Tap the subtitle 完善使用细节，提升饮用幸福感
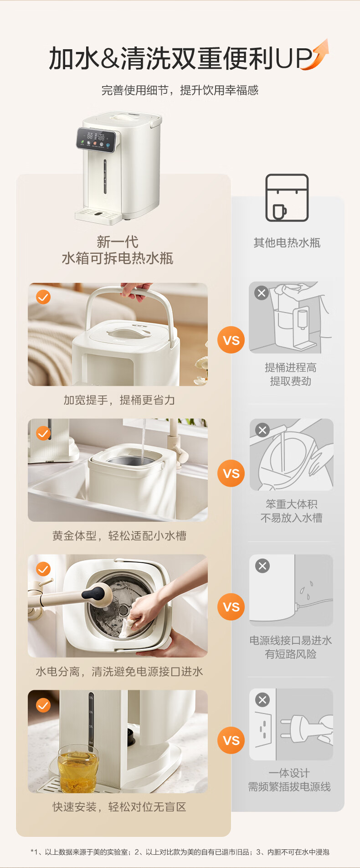180,90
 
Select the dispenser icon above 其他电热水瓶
287,198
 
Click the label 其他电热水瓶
287,243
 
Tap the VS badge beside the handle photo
231,340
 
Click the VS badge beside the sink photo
231,473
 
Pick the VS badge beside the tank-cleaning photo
231,607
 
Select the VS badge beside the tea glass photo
231,740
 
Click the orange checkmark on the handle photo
43,297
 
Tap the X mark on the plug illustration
262,700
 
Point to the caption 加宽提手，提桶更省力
119,400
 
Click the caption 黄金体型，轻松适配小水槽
119,536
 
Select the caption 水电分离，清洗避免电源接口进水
119,672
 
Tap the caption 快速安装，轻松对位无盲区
119,807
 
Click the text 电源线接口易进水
291,641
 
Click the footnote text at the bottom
180,852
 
